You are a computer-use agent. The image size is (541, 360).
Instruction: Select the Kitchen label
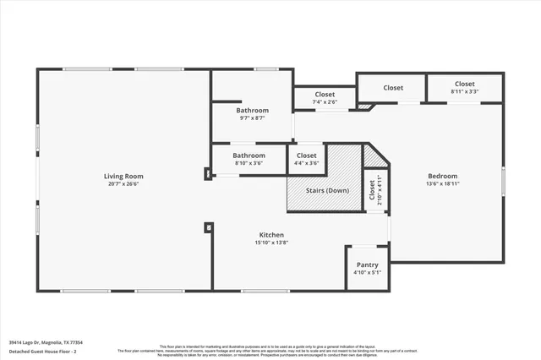pos(271,234)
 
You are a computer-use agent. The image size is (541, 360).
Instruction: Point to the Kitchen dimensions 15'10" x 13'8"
pos(271,243)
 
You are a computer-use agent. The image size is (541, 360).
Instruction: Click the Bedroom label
pos(442,176)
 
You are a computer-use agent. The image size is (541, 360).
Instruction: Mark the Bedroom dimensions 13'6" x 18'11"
pos(442,183)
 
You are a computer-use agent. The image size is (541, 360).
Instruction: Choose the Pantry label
pos(367,265)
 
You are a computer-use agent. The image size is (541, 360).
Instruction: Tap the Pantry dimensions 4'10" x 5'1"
pos(367,273)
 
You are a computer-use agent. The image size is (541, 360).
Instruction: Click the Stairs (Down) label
pos(325,190)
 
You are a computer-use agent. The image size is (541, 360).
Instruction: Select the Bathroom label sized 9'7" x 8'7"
pos(252,111)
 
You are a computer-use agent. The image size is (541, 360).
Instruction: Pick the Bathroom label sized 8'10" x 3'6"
pos(249,155)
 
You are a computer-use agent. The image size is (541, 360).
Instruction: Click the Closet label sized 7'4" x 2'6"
pos(325,94)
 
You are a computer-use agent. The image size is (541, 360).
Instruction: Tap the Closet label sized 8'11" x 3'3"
pos(464,84)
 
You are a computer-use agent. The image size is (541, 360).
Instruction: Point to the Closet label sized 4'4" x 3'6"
pos(307,155)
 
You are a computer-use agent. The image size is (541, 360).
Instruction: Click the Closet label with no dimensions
pos(393,88)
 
